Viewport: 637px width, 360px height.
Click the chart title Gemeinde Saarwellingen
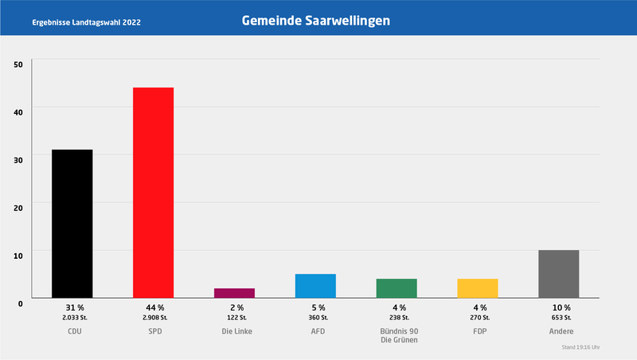pos(316,21)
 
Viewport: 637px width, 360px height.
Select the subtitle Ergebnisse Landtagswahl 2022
pos(87,22)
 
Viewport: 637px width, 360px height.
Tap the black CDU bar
pos(72,223)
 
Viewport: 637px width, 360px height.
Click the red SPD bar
pos(153,192)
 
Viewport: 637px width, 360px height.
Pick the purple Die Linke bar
pos(234,292)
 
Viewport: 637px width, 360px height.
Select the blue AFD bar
pos(315,285)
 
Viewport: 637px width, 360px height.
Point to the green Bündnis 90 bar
pos(397,288)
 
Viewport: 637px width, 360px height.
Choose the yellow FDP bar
pos(477,288)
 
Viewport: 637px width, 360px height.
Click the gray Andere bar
pos(558,273)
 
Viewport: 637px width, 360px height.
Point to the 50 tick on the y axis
pos(19,63)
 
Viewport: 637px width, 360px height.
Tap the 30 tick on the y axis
pos(19,158)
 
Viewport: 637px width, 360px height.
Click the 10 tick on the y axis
pos(19,254)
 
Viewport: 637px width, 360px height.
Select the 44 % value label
pos(154,307)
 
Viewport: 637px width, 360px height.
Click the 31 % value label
pos(72,307)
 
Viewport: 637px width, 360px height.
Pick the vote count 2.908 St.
pos(154,317)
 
